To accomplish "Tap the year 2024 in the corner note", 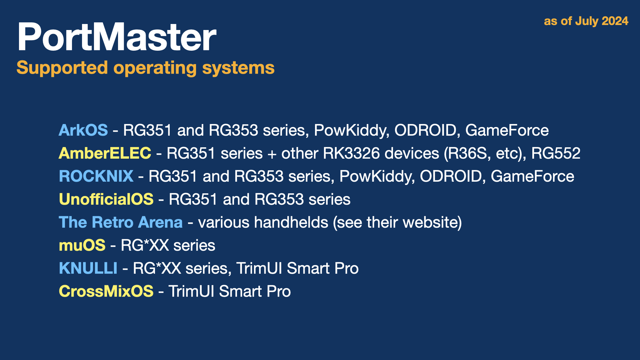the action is click(x=615, y=21).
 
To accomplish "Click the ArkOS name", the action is click(x=83, y=130).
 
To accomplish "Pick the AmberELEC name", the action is click(x=105, y=153).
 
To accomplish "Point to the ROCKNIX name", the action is click(x=96, y=176).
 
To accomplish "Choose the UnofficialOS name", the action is click(x=106, y=199).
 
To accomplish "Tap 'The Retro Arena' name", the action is click(x=121, y=222).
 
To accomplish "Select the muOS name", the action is click(x=82, y=245).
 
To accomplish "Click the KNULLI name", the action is click(x=88, y=268).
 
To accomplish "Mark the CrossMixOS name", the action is click(x=106, y=291).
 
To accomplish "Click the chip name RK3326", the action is click(x=351, y=153).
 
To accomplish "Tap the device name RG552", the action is click(x=556, y=153).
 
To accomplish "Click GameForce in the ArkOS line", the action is click(x=507, y=130).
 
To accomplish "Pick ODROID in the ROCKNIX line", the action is click(x=450, y=176).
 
